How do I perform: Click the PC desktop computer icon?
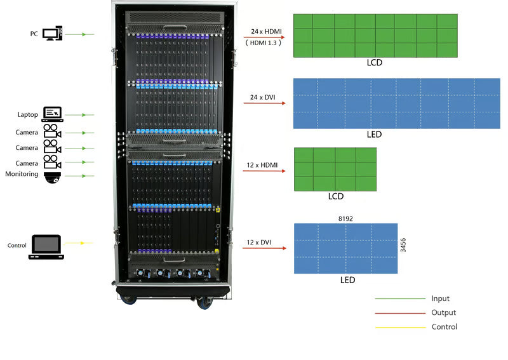[x=53, y=33]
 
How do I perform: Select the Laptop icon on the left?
[x=52, y=114]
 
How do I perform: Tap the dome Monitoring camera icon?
[x=52, y=177]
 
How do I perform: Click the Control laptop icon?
[x=46, y=246]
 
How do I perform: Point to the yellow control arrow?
[x=79, y=243]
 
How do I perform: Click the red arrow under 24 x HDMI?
[x=264, y=38]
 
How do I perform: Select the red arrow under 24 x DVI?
[x=264, y=102]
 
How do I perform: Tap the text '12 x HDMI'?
[x=262, y=165]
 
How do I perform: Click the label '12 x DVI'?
[x=259, y=242]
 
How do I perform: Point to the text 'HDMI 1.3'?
[x=264, y=43]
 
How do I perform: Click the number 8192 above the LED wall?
[x=345, y=218]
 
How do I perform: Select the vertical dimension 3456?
[x=403, y=246]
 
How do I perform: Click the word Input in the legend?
[x=440, y=298]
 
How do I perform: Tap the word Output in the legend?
[x=443, y=312]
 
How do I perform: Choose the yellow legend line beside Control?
[x=400, y=327]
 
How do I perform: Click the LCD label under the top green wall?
[x=375, y=63]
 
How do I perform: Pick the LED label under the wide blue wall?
[x=374, y=135]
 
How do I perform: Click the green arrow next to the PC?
[x=79, y=34]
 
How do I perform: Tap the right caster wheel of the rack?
[x=204, y=302]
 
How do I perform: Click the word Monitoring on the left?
[x=22, y=174]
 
